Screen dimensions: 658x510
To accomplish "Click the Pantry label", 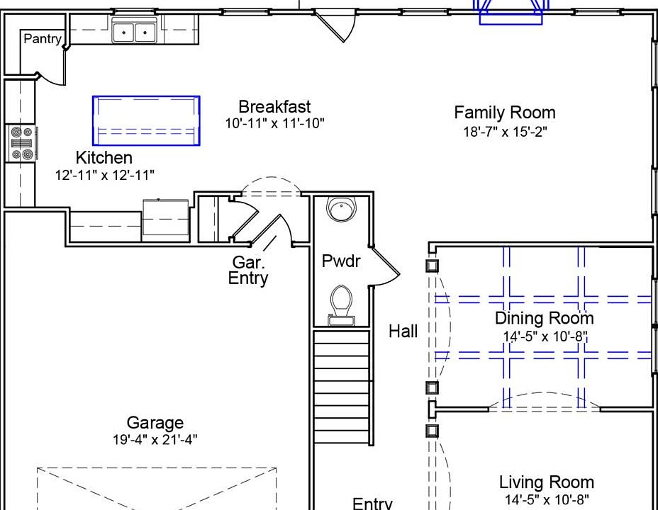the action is (43, 38).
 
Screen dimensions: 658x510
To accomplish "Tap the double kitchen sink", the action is (134, 31).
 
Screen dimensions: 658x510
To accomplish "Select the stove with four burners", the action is (22, 143).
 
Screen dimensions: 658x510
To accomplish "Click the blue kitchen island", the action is (146, 120).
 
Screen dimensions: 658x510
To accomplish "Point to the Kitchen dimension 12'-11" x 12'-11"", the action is (105, 175).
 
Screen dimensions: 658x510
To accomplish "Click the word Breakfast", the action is (274, 107).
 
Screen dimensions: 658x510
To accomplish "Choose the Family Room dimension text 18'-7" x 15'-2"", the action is (506, 132).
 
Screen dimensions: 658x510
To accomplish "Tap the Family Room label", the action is (505, 113).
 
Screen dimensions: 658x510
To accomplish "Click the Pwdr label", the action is (341, 261).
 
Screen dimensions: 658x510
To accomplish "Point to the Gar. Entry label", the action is (248, 271).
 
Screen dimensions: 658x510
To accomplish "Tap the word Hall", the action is (403, 331).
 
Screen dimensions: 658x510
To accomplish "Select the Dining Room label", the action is (545, 318).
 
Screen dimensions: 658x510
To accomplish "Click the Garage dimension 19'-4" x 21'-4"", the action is (155, 440).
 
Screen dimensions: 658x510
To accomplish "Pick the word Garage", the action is (155, 422).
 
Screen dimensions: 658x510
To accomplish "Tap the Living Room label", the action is (547, 482).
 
